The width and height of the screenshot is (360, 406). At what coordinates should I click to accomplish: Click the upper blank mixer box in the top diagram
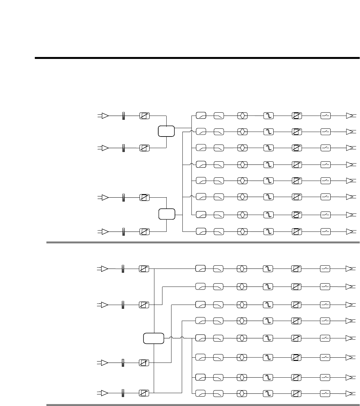(166, 131)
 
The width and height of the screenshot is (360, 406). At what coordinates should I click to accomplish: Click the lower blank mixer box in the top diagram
(167, 214)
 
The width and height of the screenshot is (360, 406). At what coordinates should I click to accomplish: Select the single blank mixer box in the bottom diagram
(153, 338)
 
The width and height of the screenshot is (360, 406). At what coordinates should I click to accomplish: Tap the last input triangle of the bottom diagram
(104, 393)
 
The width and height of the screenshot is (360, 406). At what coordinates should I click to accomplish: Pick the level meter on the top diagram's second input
(123, 148)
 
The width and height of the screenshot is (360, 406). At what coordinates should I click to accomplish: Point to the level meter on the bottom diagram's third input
(123, 363)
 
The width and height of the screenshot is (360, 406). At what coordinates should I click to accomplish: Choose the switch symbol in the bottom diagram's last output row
(325, 393)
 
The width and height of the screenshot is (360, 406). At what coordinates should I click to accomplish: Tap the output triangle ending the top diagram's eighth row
(350, 231)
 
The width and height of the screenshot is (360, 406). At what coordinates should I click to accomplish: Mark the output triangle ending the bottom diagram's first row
(349, 269)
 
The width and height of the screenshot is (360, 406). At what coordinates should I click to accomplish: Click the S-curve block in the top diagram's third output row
(268, 148)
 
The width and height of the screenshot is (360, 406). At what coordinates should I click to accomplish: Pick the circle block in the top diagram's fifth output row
(242, 181)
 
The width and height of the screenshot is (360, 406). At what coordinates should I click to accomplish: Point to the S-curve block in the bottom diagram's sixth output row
(268, 357)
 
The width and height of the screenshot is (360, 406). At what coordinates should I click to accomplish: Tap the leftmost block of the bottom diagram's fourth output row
(200, 321)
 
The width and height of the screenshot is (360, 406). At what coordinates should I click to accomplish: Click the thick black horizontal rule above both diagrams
(197, 58)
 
